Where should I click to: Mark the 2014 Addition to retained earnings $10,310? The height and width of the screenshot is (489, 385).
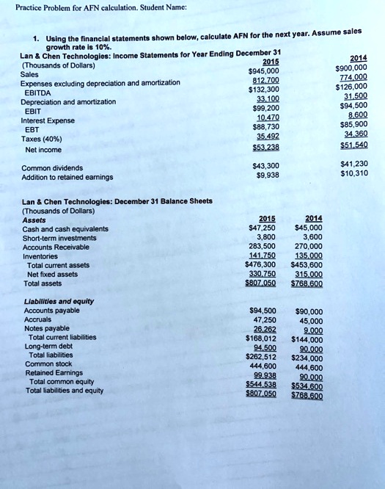(x=355, y=174)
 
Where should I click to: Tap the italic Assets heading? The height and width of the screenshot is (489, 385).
(x=34, y=220)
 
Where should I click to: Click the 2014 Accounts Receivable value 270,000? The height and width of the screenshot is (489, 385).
(x=308, y=247)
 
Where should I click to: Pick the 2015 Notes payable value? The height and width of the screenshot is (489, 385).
(x=265, y=330)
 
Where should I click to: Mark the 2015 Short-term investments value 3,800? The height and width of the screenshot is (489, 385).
(x=265, y=237)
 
